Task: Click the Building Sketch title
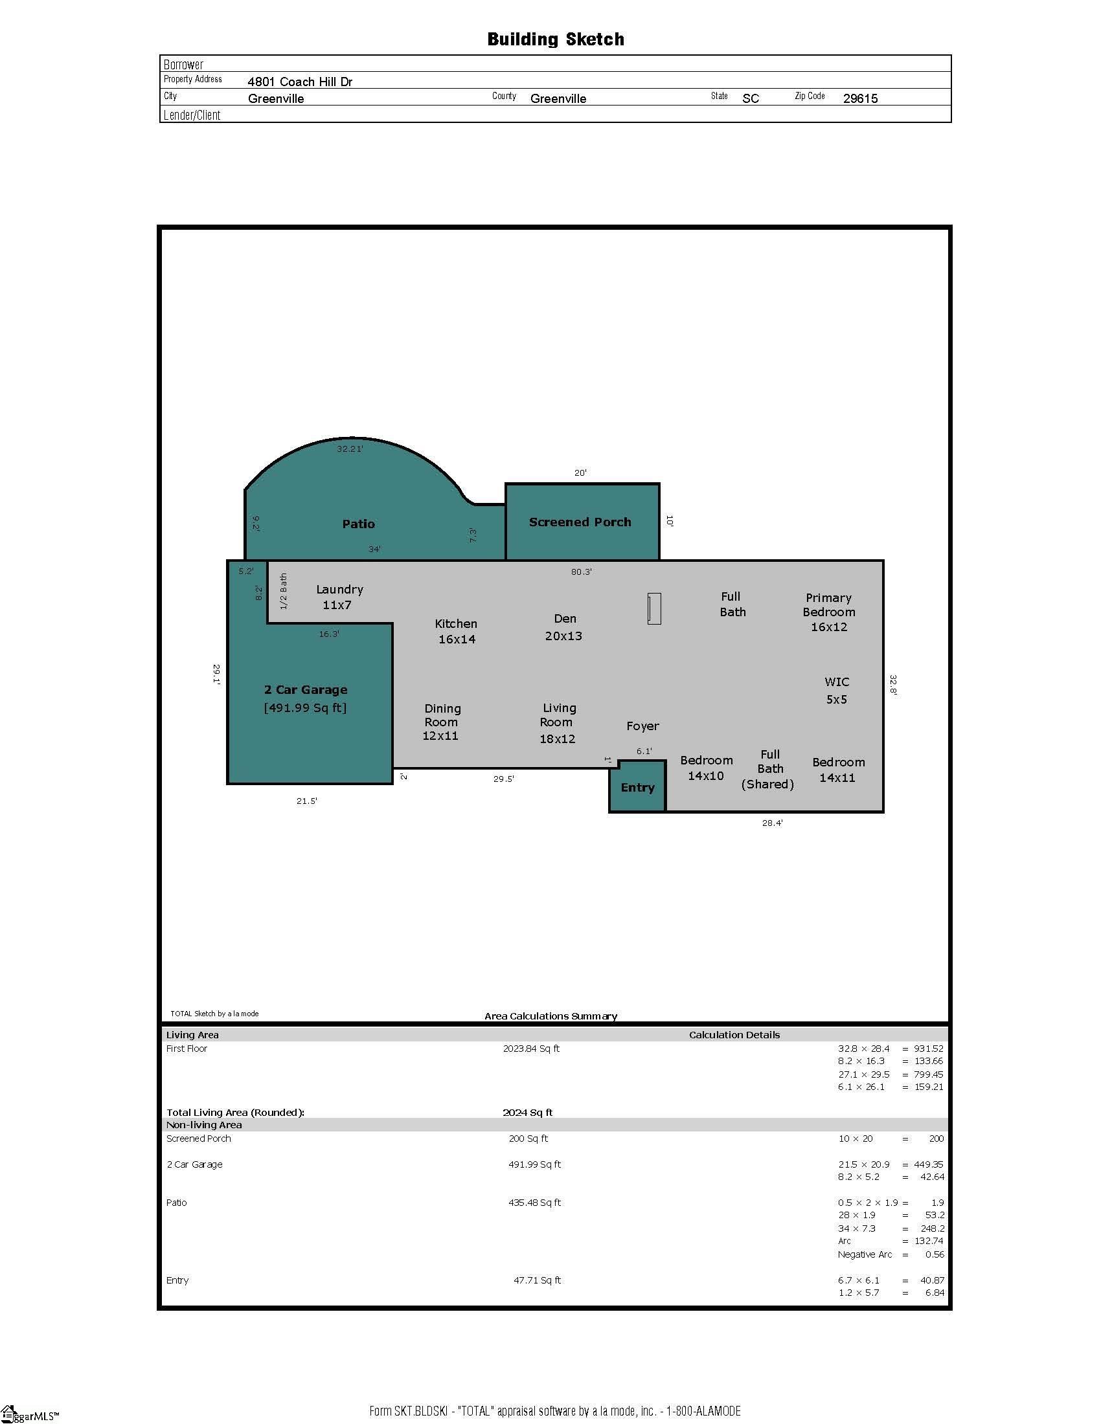[x=556, y=39]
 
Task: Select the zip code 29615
[x=860, y=98]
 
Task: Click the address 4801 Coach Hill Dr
[x=300, y=82]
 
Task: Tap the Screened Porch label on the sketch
[x=580, y=522]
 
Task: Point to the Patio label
[x=359, y=524]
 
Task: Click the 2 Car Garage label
[x=305, y=689]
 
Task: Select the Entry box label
[x=637, y=788]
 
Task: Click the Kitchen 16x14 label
[x=456, y=631]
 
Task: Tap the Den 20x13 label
[x=564, y=627]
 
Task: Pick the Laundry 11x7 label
[x=339, y=597]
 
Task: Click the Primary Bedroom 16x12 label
[x=829, y=612]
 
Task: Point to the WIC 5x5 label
[x=837, y=691]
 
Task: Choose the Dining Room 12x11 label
[x=442, y=722]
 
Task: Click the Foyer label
[x=642, y=726]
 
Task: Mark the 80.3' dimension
[x=581, y=572]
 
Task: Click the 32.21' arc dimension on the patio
[x=350, y=449]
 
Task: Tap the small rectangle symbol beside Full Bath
[x=654, y=608]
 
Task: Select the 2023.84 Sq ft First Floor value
[x=531, y=1049]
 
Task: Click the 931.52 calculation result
[x=929, y=1049]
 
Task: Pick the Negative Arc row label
[x=865, y=1254]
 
